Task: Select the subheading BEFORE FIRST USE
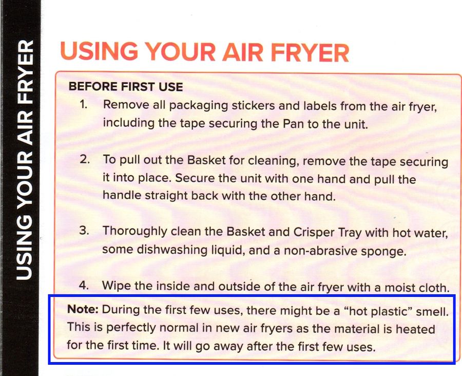[126, 86]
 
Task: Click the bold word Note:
[83, 310]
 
